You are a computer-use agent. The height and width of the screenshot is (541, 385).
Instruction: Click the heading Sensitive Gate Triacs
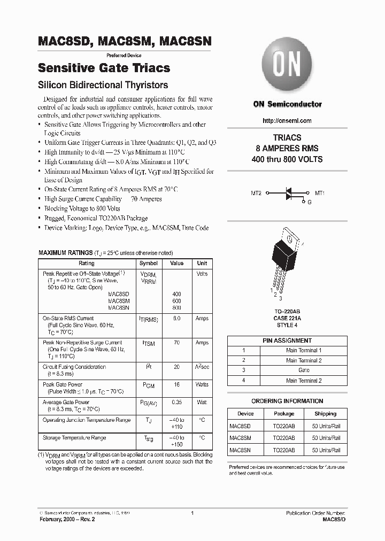point(104,68)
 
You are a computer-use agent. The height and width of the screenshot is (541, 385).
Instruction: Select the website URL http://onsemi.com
point(287,121)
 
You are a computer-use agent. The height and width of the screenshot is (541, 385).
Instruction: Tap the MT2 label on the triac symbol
point(256,193)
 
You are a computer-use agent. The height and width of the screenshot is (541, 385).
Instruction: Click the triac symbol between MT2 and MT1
point(288,194)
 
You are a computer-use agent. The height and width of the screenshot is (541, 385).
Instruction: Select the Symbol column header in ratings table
point(148,263)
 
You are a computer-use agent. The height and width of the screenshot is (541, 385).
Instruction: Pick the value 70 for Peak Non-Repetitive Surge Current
point(176,343)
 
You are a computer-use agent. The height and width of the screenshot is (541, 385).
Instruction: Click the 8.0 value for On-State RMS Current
point(176,318)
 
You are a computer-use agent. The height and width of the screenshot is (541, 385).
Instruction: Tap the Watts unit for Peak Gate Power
point(202,384)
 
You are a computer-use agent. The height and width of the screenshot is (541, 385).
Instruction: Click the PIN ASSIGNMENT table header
point(287,341)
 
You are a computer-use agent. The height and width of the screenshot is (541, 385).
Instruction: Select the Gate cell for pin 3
point(304,370)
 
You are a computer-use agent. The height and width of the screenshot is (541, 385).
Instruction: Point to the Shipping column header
point(325,413)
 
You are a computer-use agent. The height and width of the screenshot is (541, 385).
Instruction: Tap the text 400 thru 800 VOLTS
point(287,159)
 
